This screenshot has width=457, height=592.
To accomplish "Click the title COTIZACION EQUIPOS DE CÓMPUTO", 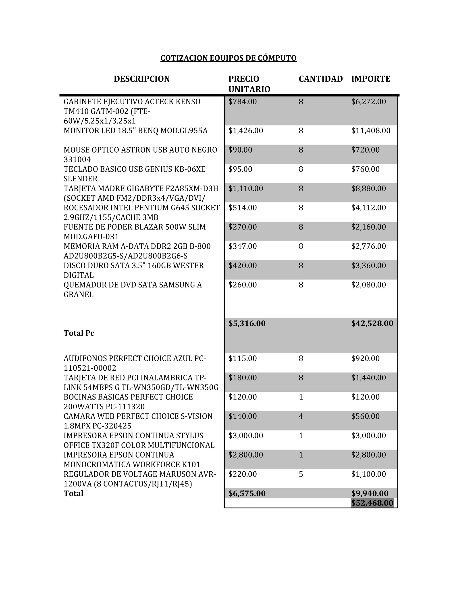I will pyautogui.click(x=228, y=58).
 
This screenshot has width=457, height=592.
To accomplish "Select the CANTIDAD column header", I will pyautogui.click(x=321, y=79).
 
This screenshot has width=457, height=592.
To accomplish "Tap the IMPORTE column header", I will pyautogui.click(x=371, y=79).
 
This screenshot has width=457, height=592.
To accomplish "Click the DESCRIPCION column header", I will pyautogui.click(x=142, y=79).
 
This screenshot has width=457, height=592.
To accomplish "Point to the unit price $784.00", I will pyautogui.click(x=242, y=102).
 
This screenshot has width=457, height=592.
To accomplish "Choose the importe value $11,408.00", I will pyautogui.click(x=371, y=131).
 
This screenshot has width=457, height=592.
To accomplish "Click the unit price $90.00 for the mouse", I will pyautogui.click(x=240, y=150).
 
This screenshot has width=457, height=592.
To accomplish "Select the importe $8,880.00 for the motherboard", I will pyautogui.click(x=368, y=188).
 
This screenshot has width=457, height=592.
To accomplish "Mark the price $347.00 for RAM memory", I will pyautogui.click(x=242, y=246).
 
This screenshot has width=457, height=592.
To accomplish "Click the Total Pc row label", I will pyautogui.click(x=79, y=333).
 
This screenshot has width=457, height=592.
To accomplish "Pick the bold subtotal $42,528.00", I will pyautogui.click(x=372, y=323).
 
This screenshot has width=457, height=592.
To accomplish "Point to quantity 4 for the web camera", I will pyautogui.click(x=301, y=416).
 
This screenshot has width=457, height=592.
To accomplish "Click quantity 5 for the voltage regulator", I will pyautogui.click(x=301, y=474).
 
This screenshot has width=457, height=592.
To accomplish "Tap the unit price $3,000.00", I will pyautogui.click(x=245, y=436).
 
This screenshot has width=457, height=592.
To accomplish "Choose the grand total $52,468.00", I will pyautogui.click(x=372, y=503).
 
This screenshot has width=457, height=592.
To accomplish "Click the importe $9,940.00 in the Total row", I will pyautogui.click(x=370, y=493).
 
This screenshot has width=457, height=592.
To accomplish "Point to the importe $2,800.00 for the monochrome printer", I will pyautogui.click(x=368, y=455).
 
